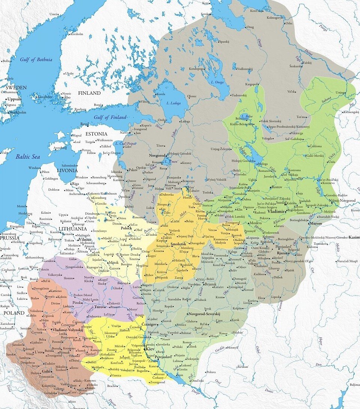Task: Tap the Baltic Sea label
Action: point(28,157)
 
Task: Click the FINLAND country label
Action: point(89,93)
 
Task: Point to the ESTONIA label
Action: point(96,134)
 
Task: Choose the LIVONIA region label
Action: point(67,171)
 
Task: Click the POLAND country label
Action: point(12,312)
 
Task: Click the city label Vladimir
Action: point(277,211)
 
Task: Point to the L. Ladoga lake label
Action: point(173,103)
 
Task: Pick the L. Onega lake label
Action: point(218,82)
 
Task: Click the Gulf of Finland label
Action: point(110,117)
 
